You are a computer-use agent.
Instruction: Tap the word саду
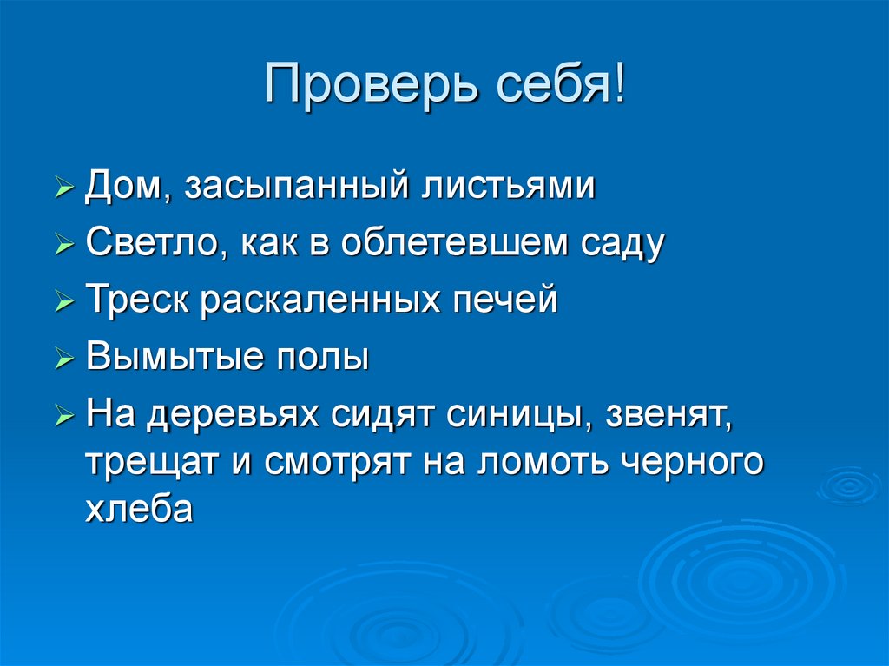[x=617, y=244]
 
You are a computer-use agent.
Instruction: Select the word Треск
[x=138, y=300]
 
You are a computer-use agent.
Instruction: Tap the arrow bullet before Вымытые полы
[x=64, y=358]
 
